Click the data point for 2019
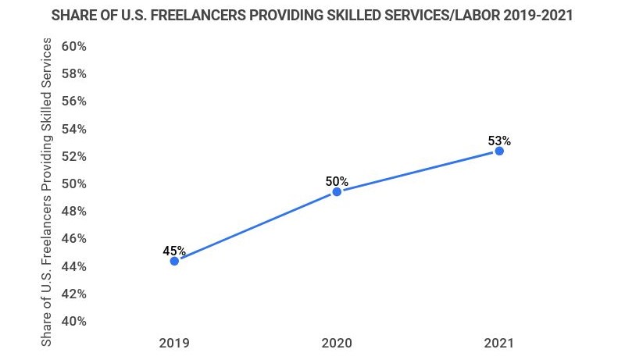click(x=174, y=261)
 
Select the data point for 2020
click(x=337, y=191)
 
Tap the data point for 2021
click(x=499, y=151)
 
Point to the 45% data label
click(x=174, y=251)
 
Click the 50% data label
click(x=337, y=181)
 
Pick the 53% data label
click(x=499, y=141)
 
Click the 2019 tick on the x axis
click(x=174, y=343)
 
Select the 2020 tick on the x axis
click(x=337, y=343)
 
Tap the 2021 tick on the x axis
click(x=499, y=343)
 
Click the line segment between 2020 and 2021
click(x=418, y=171)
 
